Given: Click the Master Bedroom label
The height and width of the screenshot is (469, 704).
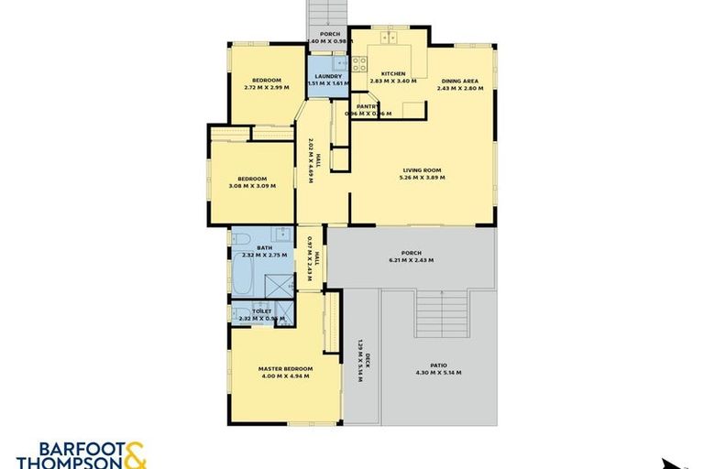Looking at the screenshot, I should click(x=285, y=368).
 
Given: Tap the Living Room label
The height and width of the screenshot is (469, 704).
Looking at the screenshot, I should click(x=422, y=169).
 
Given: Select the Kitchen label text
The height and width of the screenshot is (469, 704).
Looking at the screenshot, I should click(x=393, y=73).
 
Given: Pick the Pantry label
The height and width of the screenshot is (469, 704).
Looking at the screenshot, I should click(x=368, y=106).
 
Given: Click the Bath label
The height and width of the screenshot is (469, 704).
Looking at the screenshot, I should click(x=264, y=247).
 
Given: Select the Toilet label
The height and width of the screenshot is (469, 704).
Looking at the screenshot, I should click(x=261, y=311).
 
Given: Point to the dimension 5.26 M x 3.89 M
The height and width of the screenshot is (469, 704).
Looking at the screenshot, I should click(x=422, y=177).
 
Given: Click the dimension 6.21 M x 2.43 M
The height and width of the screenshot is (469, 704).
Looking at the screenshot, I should click(x=411, y=260).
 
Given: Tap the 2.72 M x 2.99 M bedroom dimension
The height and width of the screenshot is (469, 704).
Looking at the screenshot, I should click(x=267, y=88).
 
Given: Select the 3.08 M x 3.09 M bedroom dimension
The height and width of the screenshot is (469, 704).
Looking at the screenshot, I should click(x=252, y=186).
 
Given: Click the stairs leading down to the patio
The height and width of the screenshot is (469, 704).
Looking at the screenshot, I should click(x=441, y=313).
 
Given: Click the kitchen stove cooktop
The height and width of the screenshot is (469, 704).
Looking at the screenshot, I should click(x=359, y=64).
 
